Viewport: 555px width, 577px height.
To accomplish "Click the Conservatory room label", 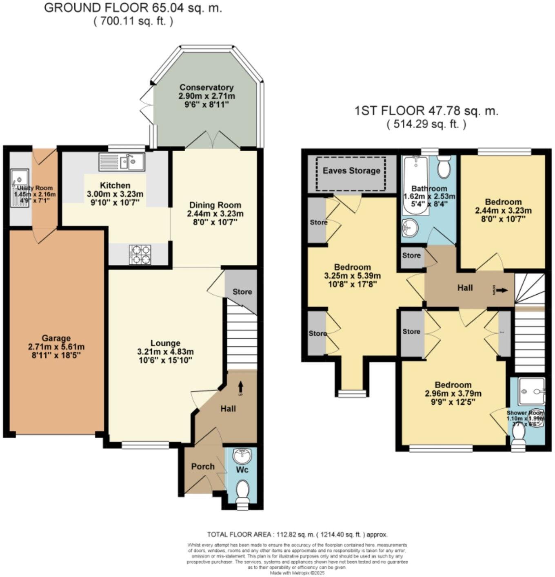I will [x=206, y=87].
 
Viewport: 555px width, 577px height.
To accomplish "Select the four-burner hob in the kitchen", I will [x=140, y=254].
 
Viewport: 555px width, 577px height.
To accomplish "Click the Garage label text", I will [x=56, y=338].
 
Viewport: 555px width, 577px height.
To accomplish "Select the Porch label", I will [x=203, y=466].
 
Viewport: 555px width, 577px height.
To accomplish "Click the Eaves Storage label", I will [x=351, y=170].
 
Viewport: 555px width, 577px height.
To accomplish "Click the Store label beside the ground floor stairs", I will [x=242, y=292].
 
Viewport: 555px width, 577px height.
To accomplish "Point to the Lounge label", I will [x=165, y=343].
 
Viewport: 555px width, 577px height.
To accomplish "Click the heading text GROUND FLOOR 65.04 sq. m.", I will [x=133, y=8].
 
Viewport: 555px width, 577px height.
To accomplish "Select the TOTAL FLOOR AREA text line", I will [x=297, y=535].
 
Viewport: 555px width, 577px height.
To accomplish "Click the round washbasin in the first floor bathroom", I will [x=410, y=227].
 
